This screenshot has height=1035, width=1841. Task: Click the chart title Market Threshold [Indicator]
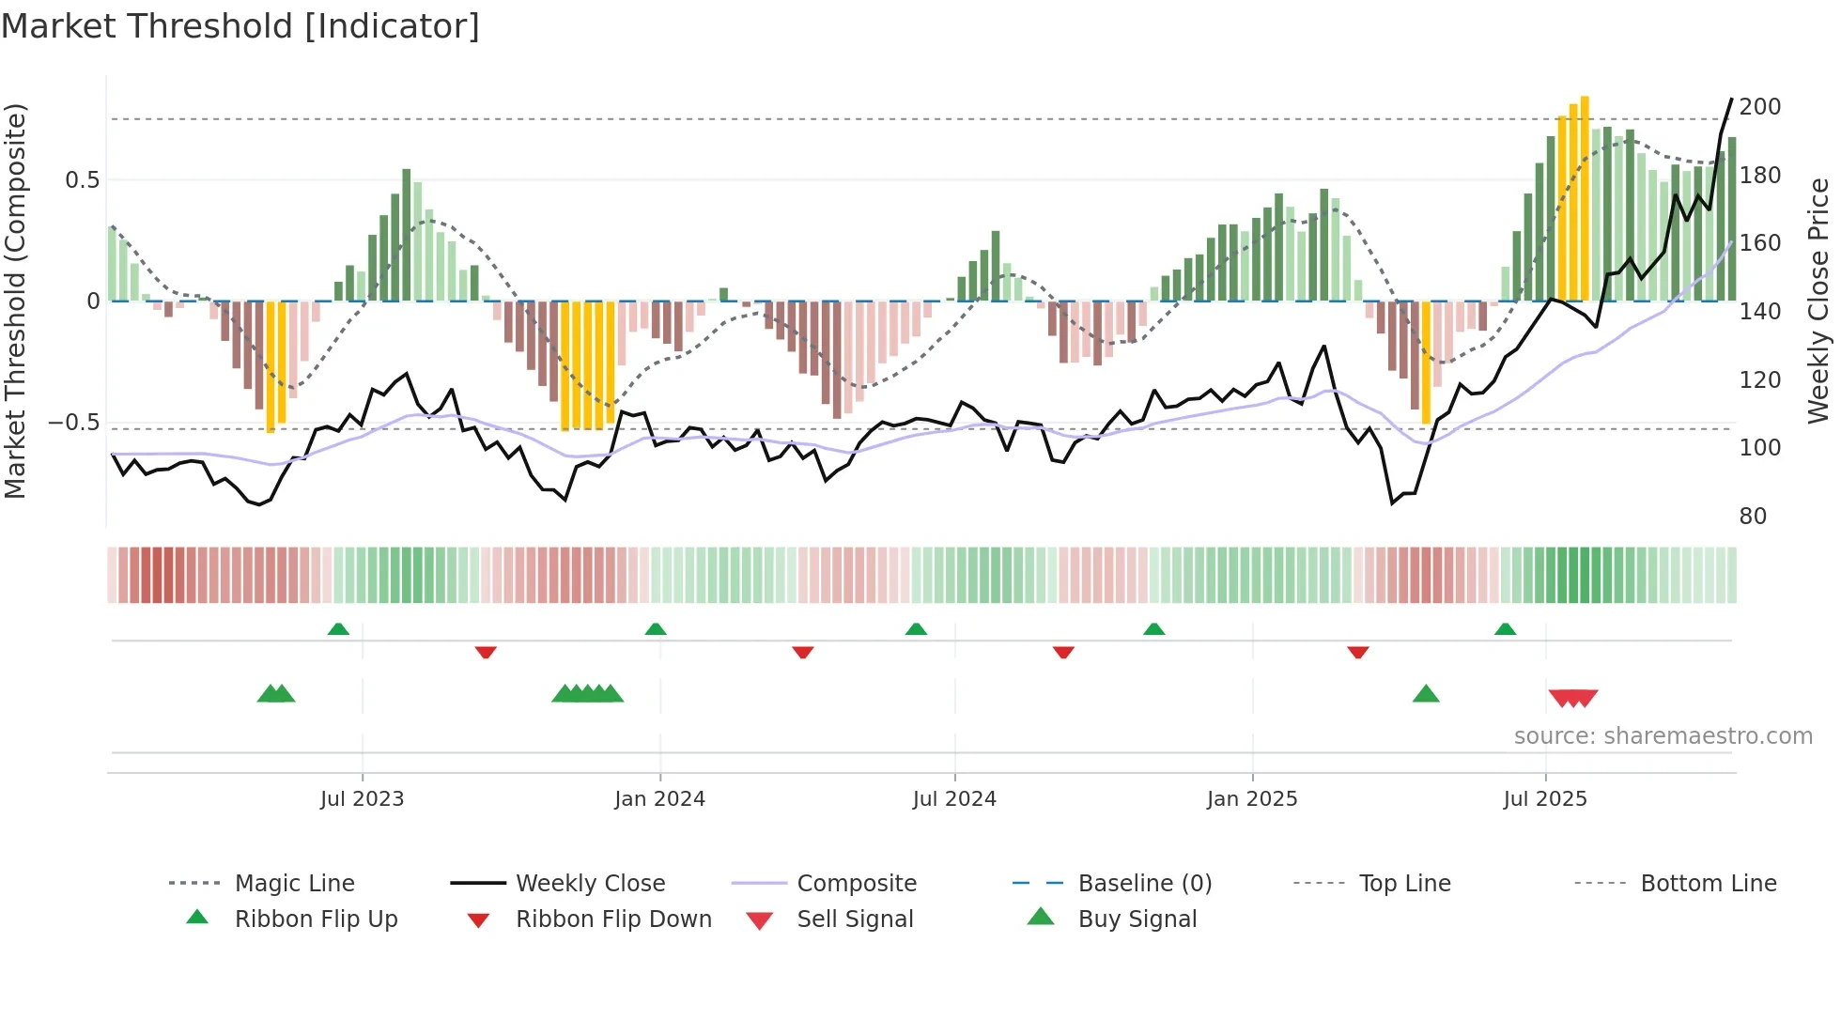pos(240,26)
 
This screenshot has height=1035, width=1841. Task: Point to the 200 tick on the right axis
pos(1759,107)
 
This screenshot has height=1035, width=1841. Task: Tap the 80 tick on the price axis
pos(1753,517)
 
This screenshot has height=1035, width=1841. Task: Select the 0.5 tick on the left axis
pos(82,180)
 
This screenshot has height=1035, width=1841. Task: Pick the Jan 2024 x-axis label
pos(659,799)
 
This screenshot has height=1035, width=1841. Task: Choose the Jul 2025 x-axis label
pos(1544,799)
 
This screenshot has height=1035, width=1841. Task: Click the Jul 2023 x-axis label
pos(362,799)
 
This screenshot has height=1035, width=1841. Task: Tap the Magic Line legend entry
pos(294,884)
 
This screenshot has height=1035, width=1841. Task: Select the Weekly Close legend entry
pos(590,884)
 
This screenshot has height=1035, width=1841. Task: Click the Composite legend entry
pos(856,884)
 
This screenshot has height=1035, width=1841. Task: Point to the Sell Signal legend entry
pos(854,919)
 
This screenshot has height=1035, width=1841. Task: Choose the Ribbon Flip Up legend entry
pos(316,919)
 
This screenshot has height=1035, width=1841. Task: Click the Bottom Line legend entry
pos(1708,884)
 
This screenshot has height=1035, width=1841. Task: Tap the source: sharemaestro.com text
pos(1663,736)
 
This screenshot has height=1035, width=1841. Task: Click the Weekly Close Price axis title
pos(1818,301)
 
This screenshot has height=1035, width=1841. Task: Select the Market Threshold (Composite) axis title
pos(15,301)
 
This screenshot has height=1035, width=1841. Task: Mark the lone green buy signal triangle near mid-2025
pos(1426,694)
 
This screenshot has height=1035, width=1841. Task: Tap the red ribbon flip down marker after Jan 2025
pos(1357,652)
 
